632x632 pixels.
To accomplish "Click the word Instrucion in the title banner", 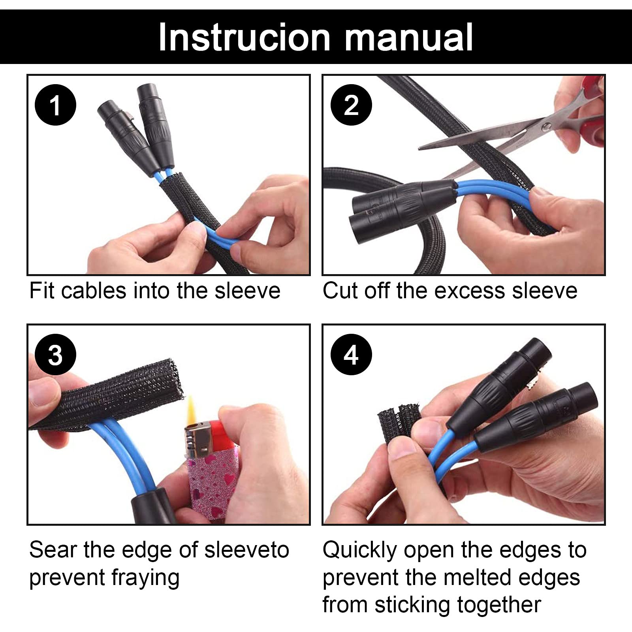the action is [245, 37].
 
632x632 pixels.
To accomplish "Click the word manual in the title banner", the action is [409, 37].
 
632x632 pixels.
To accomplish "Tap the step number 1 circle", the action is [55, 105].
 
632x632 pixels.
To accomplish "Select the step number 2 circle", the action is [351, 105].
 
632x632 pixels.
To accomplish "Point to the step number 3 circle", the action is [55, 355].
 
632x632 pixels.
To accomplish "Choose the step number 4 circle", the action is [351, 355].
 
